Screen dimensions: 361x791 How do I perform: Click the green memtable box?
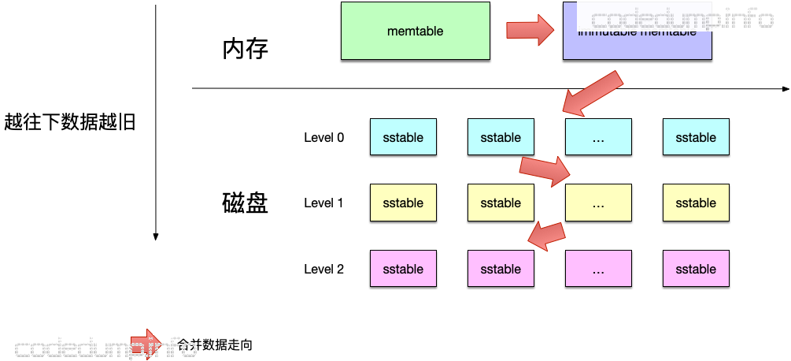(x=415, y=32)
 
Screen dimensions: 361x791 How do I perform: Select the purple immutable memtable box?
(x=637, y=32)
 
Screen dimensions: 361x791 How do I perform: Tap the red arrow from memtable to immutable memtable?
(x=530, y=30)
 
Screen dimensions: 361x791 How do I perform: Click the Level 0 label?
(x=323, y=137)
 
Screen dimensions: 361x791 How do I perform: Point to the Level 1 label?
(x=323, y=203)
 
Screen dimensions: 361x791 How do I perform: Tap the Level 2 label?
(x=323, y=269)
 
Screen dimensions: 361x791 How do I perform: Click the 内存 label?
(x=246, y=50)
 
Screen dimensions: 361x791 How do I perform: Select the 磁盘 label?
(x=246, y=203)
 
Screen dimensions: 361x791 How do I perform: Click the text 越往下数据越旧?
(x=70, y=122)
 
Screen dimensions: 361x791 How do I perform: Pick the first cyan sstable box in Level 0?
(x=403, y=137)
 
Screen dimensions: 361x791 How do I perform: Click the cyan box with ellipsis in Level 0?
(x=597, y=137)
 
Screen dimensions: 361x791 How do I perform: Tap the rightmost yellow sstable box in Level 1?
(x=696, y=203)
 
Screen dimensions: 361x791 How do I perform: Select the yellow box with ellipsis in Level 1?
(x=597, y=203)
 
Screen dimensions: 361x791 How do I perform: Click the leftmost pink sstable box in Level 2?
(x=403, y=269)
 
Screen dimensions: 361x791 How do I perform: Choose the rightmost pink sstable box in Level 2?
(x=696, y=269)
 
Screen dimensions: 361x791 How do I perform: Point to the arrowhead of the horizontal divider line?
(x=784, y=88)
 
